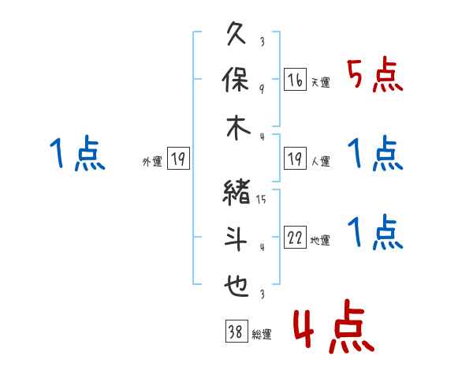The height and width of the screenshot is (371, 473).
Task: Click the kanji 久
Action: [x=236, y=33]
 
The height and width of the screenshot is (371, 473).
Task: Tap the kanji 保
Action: [x=236, y=80]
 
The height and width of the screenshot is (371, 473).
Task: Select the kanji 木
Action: [x=238, y=127]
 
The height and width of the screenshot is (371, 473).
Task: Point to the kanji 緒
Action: [x=236, y=193]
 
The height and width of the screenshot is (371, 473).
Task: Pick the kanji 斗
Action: [x=236, y=238]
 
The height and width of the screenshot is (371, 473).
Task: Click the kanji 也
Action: [x=236, y=286]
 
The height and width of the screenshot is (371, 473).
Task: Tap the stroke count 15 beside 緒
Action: [x=261, y=199]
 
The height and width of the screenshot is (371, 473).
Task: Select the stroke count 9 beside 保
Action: [x=262, y=88]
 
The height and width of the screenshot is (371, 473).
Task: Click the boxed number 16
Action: [x=295, y=80]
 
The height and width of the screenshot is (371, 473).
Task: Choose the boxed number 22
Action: [x=295, y=237]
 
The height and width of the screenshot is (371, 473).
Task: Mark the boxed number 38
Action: [x=236, y=331]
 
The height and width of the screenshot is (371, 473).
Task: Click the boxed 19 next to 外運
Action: [x=178, y=159]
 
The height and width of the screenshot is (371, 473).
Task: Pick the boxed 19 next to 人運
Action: [x=295, y=159]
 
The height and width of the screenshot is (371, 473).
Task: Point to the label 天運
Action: [x=320, y=82]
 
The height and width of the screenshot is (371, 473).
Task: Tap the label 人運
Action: [x=320, y=161]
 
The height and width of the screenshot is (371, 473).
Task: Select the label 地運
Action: [x=320, y=240]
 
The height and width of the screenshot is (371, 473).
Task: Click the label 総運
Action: [x=262, y=334]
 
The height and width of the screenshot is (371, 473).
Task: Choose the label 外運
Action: [x=152, y=161]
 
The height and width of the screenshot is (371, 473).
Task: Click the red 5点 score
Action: [x=375, y=75]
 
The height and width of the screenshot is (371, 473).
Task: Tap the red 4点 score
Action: [x=334, y=326]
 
